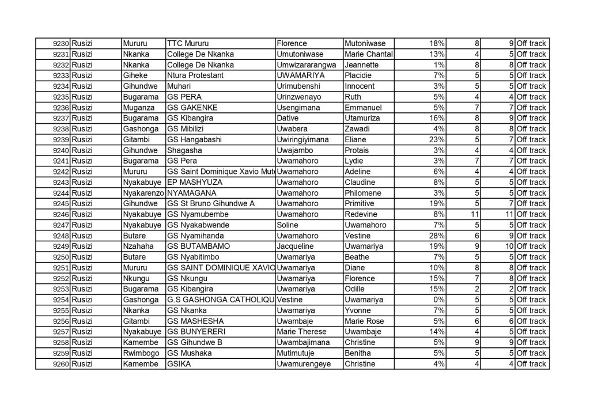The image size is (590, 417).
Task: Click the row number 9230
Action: pyautogui.click(x=61, y=43)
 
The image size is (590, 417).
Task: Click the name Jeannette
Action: pyautogui.click(x=361, y=65)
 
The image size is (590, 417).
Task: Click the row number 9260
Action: pyautogui.click(x=61, y=364)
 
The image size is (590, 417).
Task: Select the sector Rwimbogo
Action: pyautogui.click(x=139, y=353)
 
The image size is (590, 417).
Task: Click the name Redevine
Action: pyautogui.click(x=361, y=214)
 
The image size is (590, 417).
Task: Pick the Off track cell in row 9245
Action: pyautogui.click(x=531, y=203)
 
